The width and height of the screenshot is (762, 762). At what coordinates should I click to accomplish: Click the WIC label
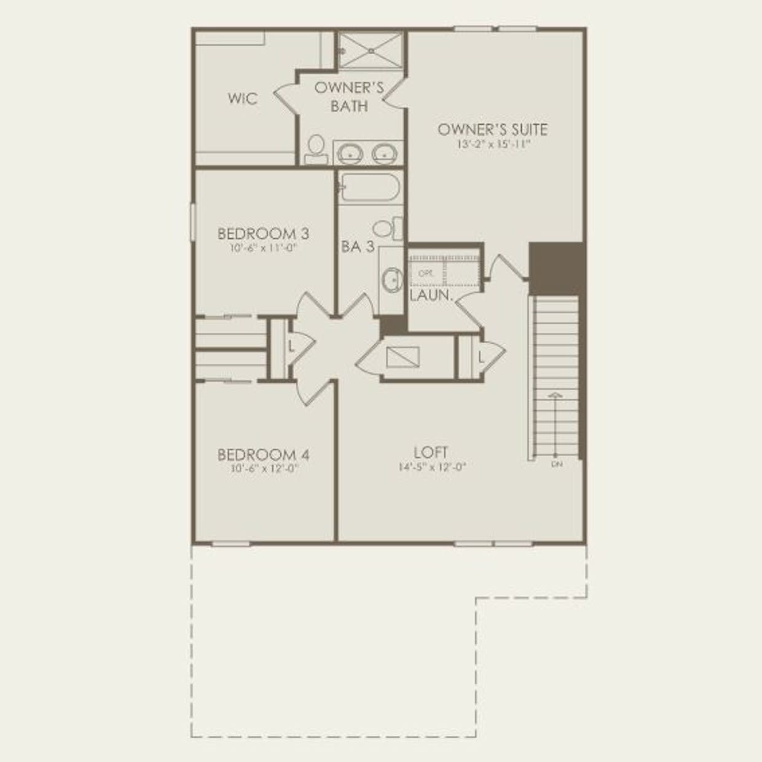click(243, 98)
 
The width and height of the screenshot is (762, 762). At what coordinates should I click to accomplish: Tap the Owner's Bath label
click(349, 96)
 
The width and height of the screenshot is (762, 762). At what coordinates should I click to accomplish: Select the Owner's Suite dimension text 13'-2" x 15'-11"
click(493, 145)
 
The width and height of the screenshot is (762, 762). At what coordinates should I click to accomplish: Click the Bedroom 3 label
click(263, 234)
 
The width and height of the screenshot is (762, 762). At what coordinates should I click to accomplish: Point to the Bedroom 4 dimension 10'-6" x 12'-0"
click(263, 468)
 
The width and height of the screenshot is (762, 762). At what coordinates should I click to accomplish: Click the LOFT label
click(431, 452)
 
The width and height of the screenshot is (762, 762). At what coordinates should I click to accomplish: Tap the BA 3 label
click(358, 247)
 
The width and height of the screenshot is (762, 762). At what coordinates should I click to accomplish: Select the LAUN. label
click(431, 295)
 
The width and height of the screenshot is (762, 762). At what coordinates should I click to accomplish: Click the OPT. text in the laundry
click(425, 273)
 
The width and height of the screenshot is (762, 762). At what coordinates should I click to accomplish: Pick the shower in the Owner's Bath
click(370, 50)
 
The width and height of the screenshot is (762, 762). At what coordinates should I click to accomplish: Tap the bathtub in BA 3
click(370, 187)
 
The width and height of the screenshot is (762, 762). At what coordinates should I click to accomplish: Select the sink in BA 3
click(391, 281)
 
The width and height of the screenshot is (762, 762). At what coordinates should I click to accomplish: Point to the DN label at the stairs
click(557, 465)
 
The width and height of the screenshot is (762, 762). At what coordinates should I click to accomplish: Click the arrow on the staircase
click(556, 395)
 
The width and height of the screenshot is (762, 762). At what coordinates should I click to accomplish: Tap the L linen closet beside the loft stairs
click(481, 356)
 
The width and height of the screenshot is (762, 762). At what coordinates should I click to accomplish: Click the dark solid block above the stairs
click(556, 269)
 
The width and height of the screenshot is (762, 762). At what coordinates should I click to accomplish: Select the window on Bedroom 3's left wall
click(192, 222)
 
